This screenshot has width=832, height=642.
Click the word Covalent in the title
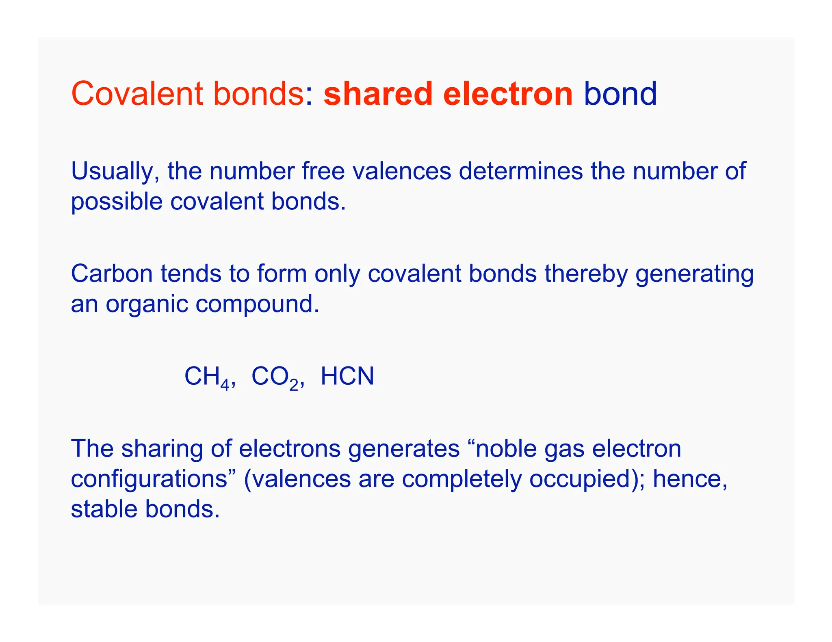coord(137,94)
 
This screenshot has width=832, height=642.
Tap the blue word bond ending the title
coord(620,94)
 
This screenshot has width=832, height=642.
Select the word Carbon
coord(112,274)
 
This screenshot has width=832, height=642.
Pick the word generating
coord(694,274)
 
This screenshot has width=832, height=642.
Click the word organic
coord(147,304)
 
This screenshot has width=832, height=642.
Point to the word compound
coord(257,304)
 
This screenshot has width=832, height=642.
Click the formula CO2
coord(276,377)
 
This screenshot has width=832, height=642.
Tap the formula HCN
coord(347,376)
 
